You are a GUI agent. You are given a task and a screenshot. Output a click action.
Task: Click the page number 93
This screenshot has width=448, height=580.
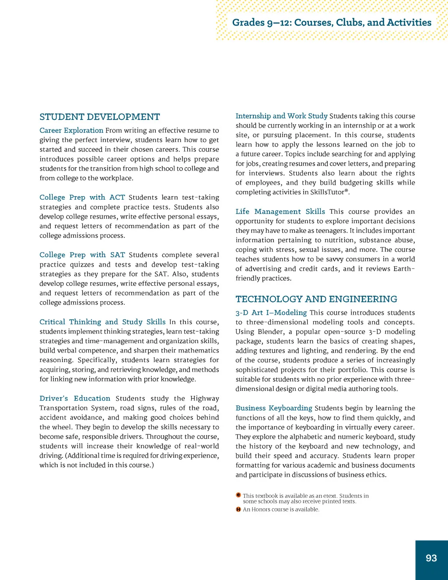[x=431, y=558]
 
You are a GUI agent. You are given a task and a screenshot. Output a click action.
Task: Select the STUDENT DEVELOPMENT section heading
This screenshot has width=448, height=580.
[x=100, y=117]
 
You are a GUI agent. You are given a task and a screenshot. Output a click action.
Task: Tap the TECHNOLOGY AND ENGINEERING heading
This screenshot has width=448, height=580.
[x=316, y=299]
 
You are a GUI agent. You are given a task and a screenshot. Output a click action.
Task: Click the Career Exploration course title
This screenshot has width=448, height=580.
[x=71, y=130]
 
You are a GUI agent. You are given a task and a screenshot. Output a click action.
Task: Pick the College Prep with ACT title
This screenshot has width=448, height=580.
[x=82, y=197]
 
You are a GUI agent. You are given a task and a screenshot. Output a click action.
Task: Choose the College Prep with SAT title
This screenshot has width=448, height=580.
[x=82, y=255]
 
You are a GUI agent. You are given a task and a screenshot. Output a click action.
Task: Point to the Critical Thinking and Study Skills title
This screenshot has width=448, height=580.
[x=102, y=322]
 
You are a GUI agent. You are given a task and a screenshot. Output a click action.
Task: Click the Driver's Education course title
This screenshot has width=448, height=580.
[x=75, y=398]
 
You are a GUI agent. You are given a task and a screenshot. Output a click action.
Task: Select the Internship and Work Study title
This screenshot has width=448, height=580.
[x=281, y=116]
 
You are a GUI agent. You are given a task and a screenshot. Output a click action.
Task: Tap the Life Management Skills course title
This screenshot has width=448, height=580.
[x=280, y=211]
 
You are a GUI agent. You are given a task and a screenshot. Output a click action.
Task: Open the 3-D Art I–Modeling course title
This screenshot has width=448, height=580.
[x=271, y=313]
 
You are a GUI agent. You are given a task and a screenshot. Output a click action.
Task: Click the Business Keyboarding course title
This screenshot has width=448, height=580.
[x=274, y=408]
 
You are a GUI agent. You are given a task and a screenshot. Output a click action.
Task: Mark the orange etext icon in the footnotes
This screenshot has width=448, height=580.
[x=238, y=495]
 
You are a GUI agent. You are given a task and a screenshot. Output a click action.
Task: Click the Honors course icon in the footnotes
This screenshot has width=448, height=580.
[x=238, y=509]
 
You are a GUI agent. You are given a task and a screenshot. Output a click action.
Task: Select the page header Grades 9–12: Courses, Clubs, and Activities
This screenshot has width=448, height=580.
[x=332, y=22]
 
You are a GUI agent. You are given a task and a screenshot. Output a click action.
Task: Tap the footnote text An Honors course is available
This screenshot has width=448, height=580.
[x=281, y=510]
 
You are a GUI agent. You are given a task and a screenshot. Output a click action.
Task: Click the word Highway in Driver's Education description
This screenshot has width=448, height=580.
[x=205, y=398]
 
